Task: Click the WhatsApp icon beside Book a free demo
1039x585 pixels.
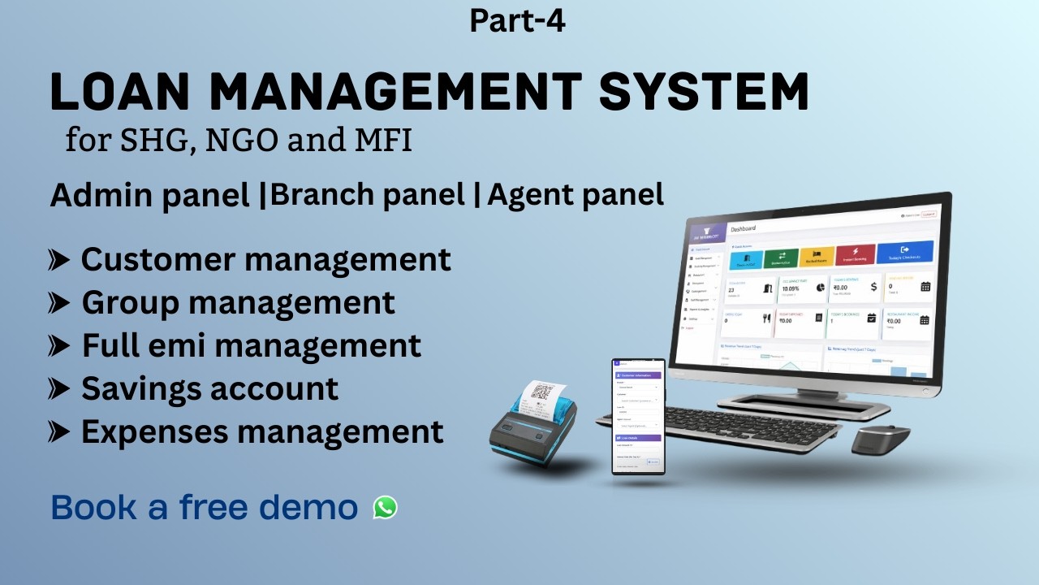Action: [x=386, y=508]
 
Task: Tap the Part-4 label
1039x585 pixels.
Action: [x=517, y=20]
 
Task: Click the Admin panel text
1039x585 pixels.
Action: [x=149, y=196]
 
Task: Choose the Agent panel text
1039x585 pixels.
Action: [x=576, y=195]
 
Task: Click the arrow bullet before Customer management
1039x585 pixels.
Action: [x=59, y=260]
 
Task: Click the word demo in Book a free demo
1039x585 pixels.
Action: [x=309, y=508]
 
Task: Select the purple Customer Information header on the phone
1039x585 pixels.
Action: [x=638, y=375]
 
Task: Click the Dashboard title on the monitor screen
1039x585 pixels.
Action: [x=744, y=228]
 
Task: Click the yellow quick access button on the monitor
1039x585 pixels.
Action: [x=817, y=257]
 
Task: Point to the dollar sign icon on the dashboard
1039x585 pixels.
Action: [x=873, y=286]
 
